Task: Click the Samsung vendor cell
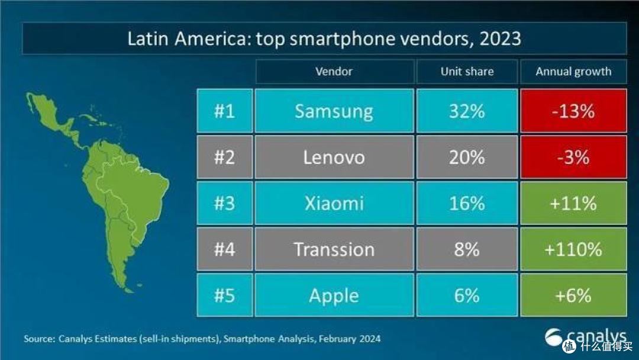(334, 111)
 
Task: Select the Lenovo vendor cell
(334, 157)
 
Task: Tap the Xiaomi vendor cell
(334, 203)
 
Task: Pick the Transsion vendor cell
(334, 249)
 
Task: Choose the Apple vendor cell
(334, 295)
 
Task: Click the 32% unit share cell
(467, 111)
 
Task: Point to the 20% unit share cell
(467, 157)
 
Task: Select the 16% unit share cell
(467, 203)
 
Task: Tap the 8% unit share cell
(467, 249)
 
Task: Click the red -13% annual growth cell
(573, 111)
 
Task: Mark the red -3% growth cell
(573, 157)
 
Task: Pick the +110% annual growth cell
(573, 249)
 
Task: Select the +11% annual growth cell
(573, 203)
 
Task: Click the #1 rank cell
(225, 111)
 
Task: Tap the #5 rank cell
(225, 295)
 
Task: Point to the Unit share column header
(467, 71)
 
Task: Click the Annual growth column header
(573, 71)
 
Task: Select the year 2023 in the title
(501, 38)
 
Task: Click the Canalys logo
(585, 337)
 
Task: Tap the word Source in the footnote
(38, 339)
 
